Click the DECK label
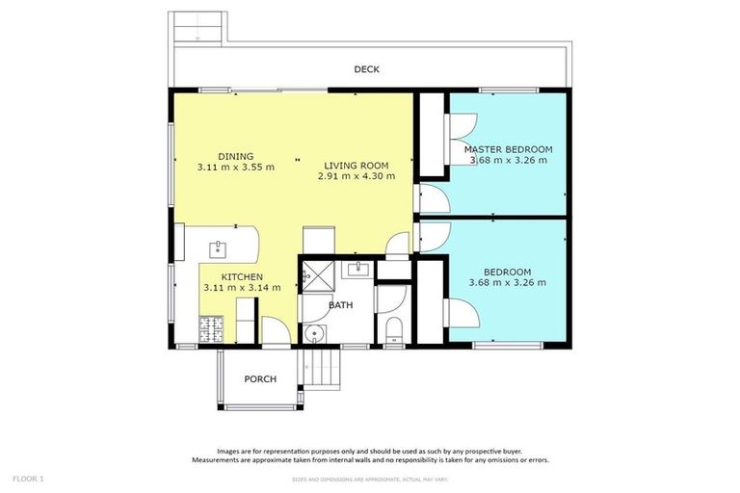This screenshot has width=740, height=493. (367, 69)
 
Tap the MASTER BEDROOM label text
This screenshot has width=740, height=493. (508, 149)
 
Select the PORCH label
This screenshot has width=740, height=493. (259, 379)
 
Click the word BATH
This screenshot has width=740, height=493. (340, 305)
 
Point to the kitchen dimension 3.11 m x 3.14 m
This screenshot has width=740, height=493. (242, 287)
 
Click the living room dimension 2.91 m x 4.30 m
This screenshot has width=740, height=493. (356, 177)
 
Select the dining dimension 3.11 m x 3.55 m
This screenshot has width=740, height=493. (236, 167)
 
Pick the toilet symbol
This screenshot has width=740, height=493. (391, 332)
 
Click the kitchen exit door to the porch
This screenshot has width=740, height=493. (273, 335)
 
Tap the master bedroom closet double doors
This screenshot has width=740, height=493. (462, 128)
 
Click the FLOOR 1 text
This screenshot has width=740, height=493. (28, 479)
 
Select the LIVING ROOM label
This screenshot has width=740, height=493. (356, 165)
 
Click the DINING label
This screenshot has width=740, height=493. (236, 156)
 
